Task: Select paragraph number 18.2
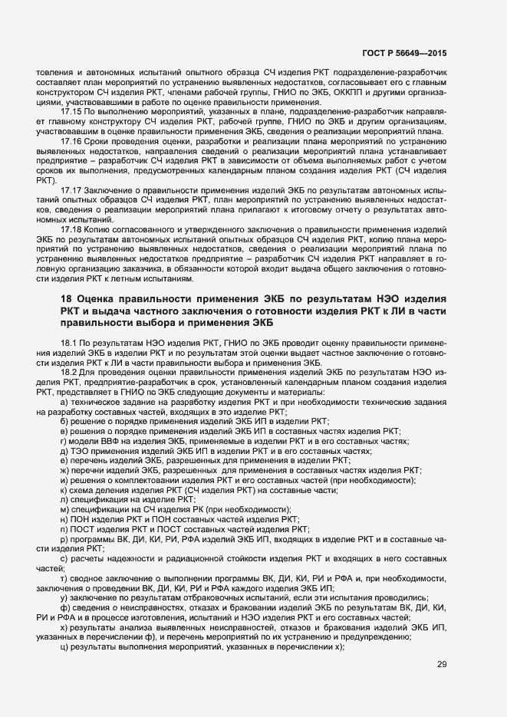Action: point(67,370)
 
